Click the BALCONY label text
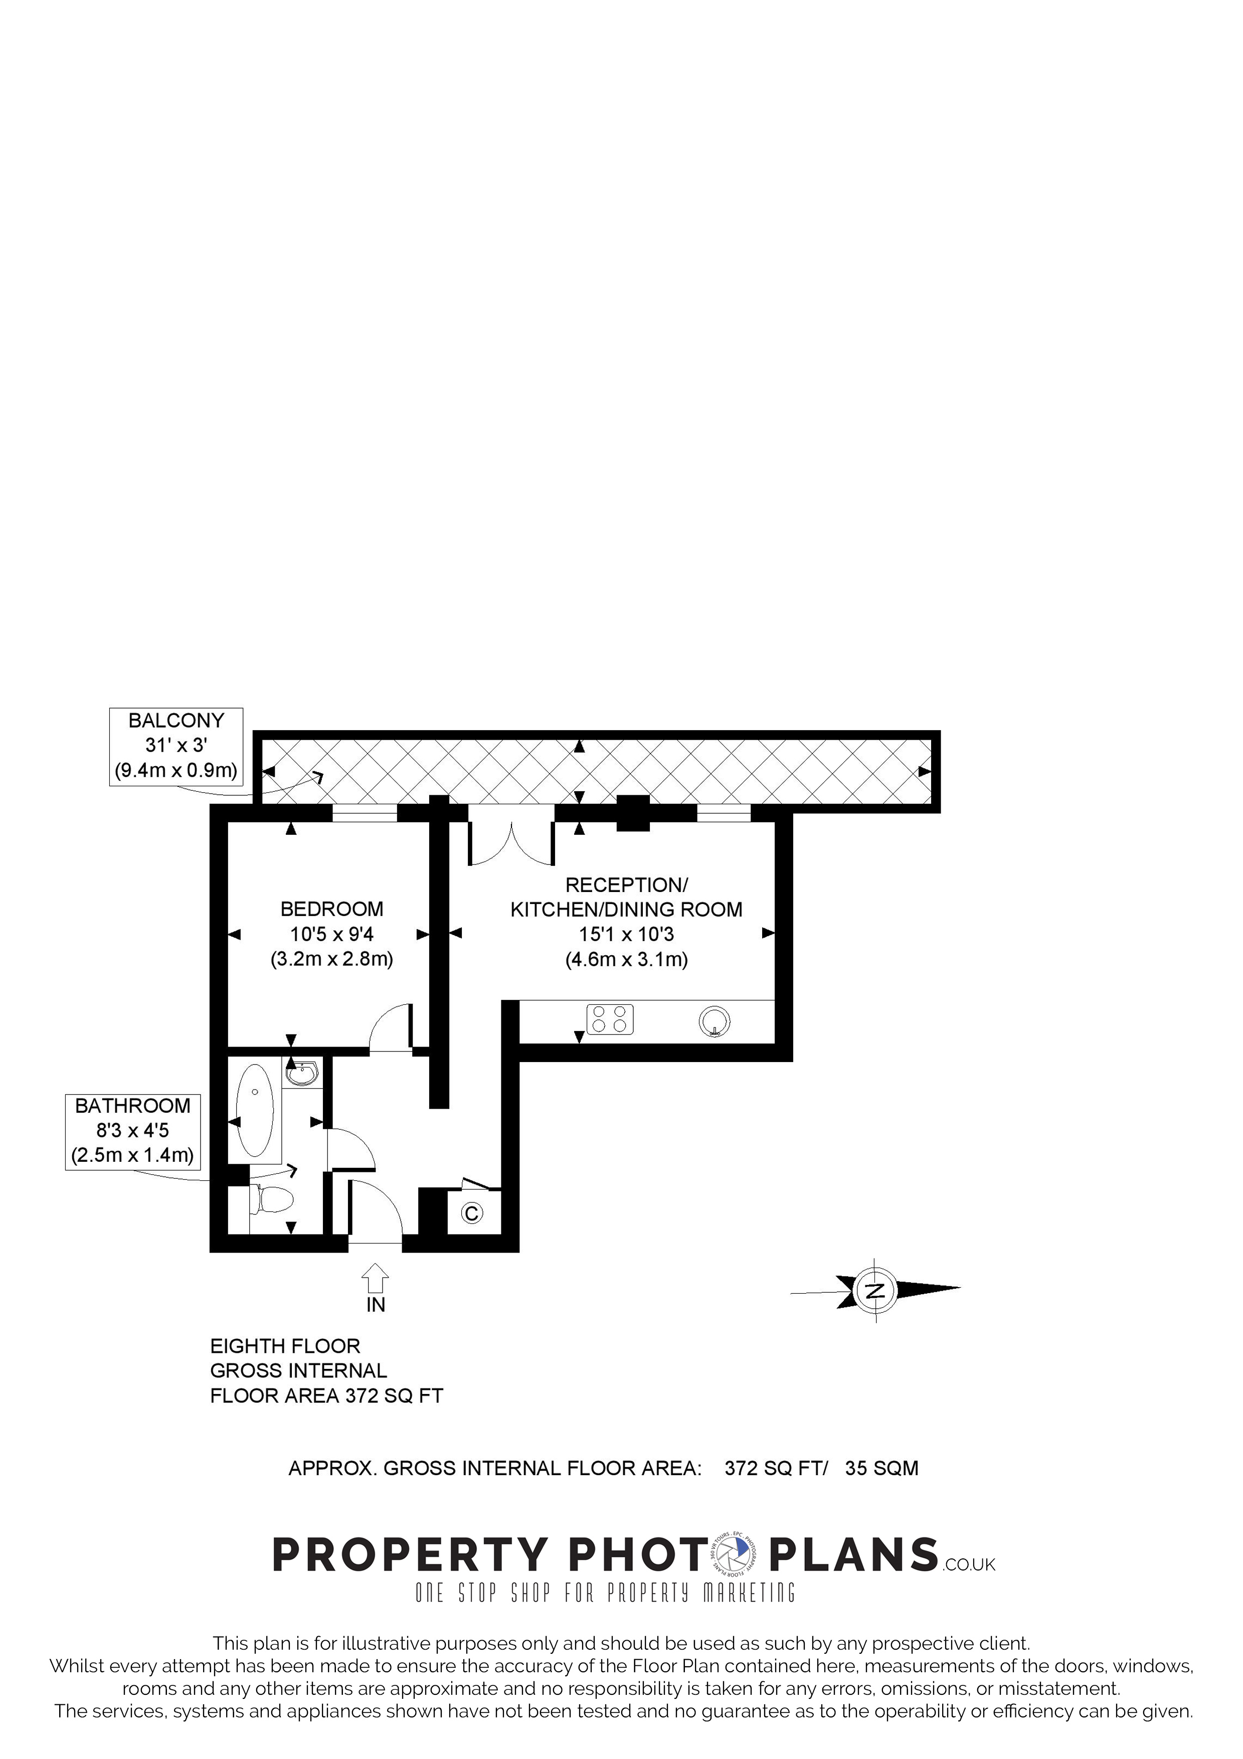pos(176,721)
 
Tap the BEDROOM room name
pos(331,910)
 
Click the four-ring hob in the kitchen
pos(610,1020)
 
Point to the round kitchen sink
pos(714,1021)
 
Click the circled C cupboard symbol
pos(472,1213)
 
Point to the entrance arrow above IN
pos(375,1277)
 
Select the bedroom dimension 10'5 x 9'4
pos(331,934)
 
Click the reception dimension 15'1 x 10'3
pos(626,934)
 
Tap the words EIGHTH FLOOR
pos(285,1346)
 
